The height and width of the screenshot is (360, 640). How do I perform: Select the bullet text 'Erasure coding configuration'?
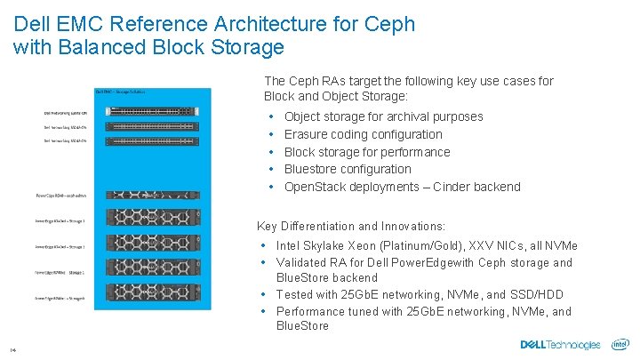point(363,134)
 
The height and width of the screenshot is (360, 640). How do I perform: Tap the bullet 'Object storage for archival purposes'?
point(383,116)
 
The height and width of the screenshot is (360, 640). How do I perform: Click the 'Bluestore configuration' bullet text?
point(348,169)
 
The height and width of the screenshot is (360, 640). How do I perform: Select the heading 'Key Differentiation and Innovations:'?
point(350,227)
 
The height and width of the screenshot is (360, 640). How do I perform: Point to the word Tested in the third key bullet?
point(296,294)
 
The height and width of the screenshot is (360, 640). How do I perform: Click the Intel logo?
point(620,345)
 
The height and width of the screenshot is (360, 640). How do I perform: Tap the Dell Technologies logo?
point(560,345)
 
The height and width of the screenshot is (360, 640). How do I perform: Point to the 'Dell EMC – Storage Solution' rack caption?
point(121,92)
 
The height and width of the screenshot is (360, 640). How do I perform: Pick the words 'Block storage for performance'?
point(367,152)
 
